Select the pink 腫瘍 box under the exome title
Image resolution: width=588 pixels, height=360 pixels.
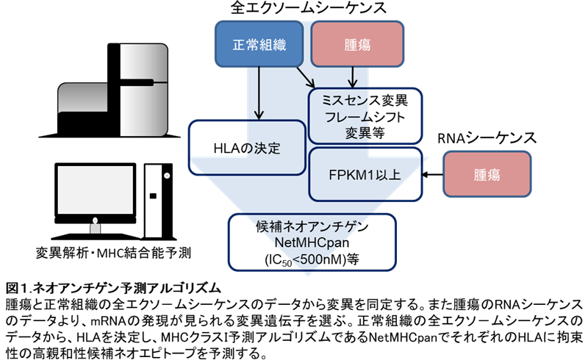coord(356,44)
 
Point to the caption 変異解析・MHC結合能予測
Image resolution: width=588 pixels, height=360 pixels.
coord(114,254)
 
